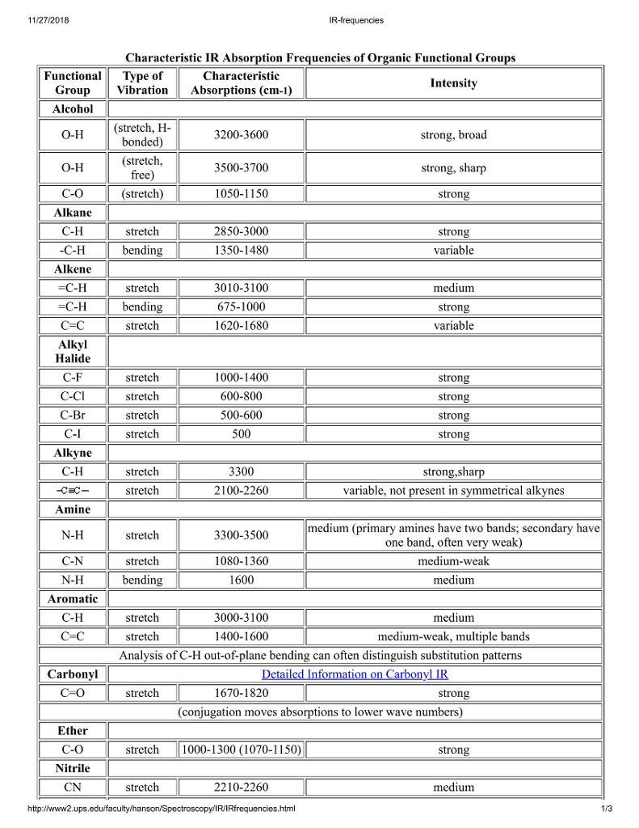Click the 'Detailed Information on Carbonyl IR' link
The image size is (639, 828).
[x=355, y=674]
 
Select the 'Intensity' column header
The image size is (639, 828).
[x=453, y=83]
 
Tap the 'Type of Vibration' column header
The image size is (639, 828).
[x=142, y=83]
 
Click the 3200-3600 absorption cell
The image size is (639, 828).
[x=241, y=135]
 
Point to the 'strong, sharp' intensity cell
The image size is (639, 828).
[x=453, y=168]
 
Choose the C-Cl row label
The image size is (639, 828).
[x=73, y=396]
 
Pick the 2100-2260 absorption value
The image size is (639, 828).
[x=241, y=491]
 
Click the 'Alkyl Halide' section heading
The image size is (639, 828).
[x=73, y=351]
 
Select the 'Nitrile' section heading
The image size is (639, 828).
[x=73, y=768]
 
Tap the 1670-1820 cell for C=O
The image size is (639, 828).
[x=241, y=693]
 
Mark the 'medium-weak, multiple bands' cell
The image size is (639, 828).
[x=453, y=636]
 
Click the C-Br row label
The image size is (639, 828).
[x=73, y=415]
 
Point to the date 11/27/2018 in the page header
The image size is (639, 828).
[x=48, y=20]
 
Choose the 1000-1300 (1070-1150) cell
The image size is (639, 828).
[x=241, y=750]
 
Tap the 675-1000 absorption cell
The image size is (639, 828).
[x=241, y=306]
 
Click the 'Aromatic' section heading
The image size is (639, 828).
[x=73, y=598]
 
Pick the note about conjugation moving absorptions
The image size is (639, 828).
[x=320, y=712]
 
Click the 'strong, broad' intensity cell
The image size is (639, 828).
[x=453, y=135]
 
